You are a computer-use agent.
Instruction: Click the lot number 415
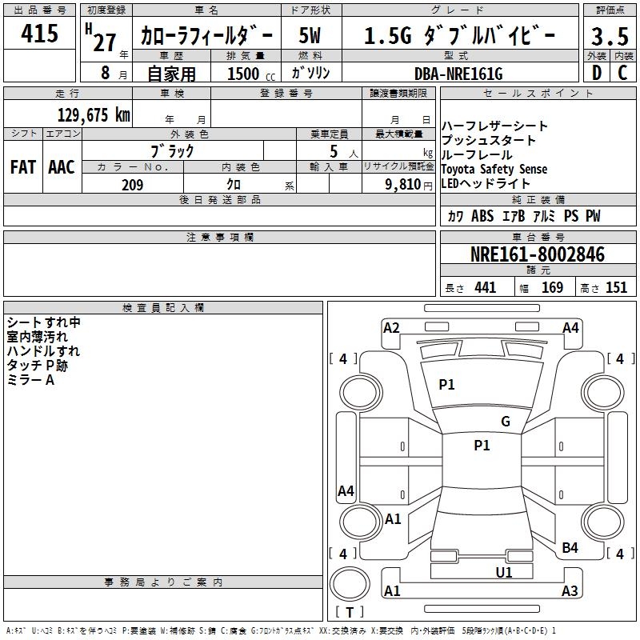pos(40,34)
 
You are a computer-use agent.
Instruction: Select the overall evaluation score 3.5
pos(609,38)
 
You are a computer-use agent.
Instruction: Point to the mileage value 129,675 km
pos(94,114)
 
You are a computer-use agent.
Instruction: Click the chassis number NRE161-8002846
pos(537,254)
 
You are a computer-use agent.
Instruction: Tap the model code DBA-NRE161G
pos(458,74)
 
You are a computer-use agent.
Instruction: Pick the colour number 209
pos(132,185)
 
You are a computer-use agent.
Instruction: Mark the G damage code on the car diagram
pos(505,422)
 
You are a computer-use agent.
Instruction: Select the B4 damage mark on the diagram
pos(570,547)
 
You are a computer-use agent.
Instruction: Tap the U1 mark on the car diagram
pos(504,572)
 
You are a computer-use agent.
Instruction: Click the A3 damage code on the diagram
pos(570,591)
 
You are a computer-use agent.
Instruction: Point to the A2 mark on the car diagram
pos(391,327)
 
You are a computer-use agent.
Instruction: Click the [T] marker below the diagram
pos(349,613)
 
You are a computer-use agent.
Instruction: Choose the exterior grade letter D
pos(596,74)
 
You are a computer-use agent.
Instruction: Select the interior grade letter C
pos(622,74)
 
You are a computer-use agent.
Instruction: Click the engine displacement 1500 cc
pos(244,74)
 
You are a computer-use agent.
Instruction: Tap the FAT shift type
pos(22,167)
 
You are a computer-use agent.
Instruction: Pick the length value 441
pos(485,288)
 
